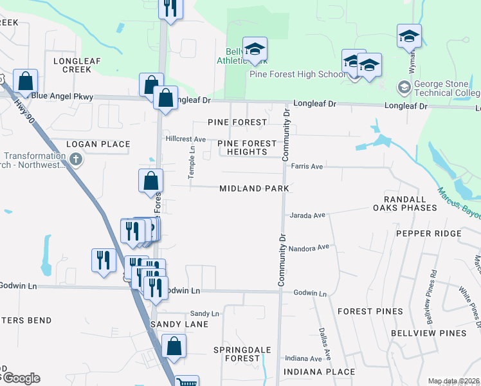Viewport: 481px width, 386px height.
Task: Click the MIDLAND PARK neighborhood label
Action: point(256,188)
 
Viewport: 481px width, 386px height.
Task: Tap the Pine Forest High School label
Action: point(298,74)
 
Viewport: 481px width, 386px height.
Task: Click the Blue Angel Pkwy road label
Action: point(62,96)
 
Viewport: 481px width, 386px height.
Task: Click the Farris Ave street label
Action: point(306,166)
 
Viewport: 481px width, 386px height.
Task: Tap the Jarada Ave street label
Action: point(308,216)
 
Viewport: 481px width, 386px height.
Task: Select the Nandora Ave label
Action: point(309,248)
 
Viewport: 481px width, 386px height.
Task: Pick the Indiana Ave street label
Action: point(304,358)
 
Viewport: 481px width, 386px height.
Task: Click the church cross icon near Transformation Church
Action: point(77,159)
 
